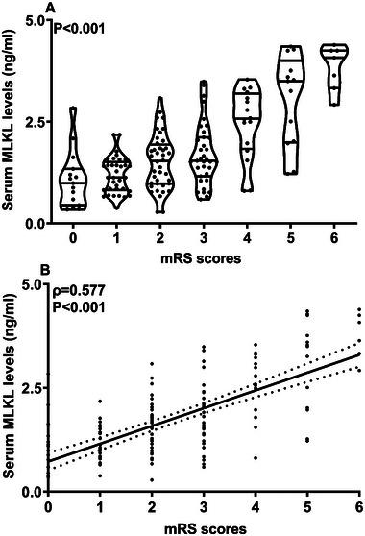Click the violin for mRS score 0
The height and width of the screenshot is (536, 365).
(72, 168)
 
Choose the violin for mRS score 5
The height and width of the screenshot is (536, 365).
(291, 106)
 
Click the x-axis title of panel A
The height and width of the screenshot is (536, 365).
(203, 256)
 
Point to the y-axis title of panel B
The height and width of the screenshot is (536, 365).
(9, 389)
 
